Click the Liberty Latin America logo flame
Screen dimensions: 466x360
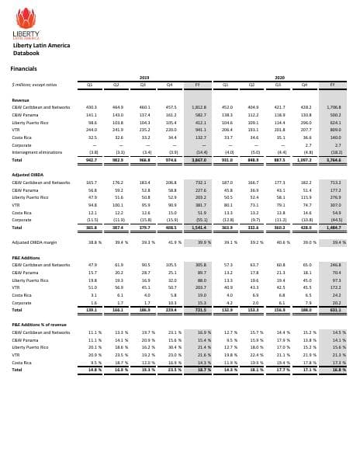tap(26, 18)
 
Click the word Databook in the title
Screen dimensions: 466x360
tap(26, 54)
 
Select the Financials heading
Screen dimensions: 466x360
tap(23, 69)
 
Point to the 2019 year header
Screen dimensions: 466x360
tap(143, 78)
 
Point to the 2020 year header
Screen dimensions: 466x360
tap(280, 78)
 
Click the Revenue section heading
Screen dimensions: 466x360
tap(20, 100)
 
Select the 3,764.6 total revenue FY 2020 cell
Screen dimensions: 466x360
tap(335, 159)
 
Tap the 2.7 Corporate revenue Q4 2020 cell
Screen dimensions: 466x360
tap(309, 144)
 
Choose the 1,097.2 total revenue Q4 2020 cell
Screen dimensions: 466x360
tap(307, 159)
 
